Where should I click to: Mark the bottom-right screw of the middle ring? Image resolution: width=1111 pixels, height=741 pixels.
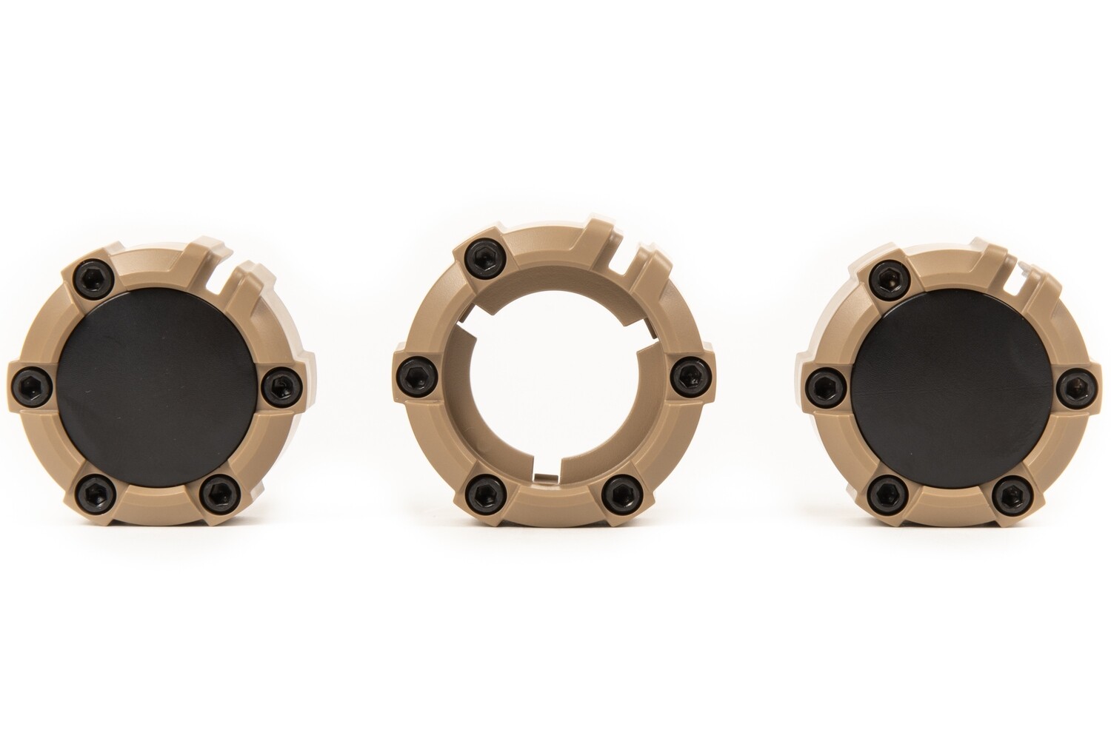(617, 492)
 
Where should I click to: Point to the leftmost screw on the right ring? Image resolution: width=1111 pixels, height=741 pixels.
(821, 385)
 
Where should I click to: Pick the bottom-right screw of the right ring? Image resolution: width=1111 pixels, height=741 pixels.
(1010, 492)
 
